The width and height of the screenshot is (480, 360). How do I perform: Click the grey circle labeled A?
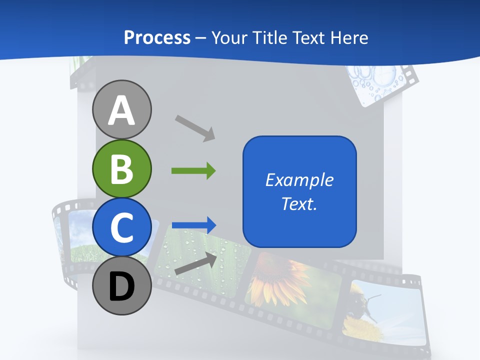(121, 109)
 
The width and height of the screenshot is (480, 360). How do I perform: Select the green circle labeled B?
(121, 168)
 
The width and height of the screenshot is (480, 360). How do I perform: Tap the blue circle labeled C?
(121, 227)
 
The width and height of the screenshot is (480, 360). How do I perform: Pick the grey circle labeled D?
(121, 285)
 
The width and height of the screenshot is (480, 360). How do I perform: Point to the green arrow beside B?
(193, 171)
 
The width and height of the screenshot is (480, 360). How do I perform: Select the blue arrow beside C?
(194, 225)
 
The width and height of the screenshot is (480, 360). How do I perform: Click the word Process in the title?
(157, 37)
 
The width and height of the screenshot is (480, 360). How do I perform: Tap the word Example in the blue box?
(299, 180)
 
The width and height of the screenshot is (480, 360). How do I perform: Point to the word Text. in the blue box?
(299, 203)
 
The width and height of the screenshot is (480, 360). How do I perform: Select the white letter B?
(121, 168)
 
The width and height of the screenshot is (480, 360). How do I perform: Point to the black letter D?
(121, 286)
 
